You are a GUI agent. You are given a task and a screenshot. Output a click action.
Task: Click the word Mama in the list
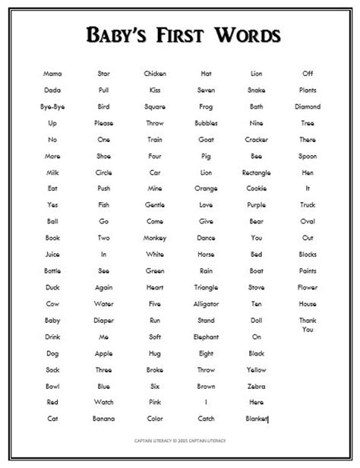[x=52, y=74]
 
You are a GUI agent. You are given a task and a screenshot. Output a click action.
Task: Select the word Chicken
[x=155, y=74]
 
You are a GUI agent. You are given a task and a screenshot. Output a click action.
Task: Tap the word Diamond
[x=308, y=106]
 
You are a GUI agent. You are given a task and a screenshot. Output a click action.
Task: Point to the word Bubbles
[x=206, y=123]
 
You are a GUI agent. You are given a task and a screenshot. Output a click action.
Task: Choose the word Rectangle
[x=257, y=172]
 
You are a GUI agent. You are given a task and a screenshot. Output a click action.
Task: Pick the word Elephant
[x=206, y=337]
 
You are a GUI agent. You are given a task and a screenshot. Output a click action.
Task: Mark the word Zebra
[x=257, y=385]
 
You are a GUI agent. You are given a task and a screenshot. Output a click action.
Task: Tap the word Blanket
[x=257, y=419]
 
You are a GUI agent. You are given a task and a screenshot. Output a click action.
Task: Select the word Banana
[x=104, y=419]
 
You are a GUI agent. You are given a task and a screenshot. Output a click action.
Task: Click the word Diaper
[x=104, y=320]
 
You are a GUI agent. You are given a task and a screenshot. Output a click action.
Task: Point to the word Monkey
[x=155, y=238]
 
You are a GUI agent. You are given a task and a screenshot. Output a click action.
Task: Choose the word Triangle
[x=206, y=287]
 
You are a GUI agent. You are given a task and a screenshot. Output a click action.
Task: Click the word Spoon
[x=308, y=156]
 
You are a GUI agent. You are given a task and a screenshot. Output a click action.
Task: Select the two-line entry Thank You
[x=308, y=324]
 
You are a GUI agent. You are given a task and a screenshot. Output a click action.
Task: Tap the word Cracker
[x=257, y=140]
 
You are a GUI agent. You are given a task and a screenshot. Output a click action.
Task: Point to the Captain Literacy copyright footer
[x=179, y=441]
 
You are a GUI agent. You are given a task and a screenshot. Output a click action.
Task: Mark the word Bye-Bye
[x=52, y=106]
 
